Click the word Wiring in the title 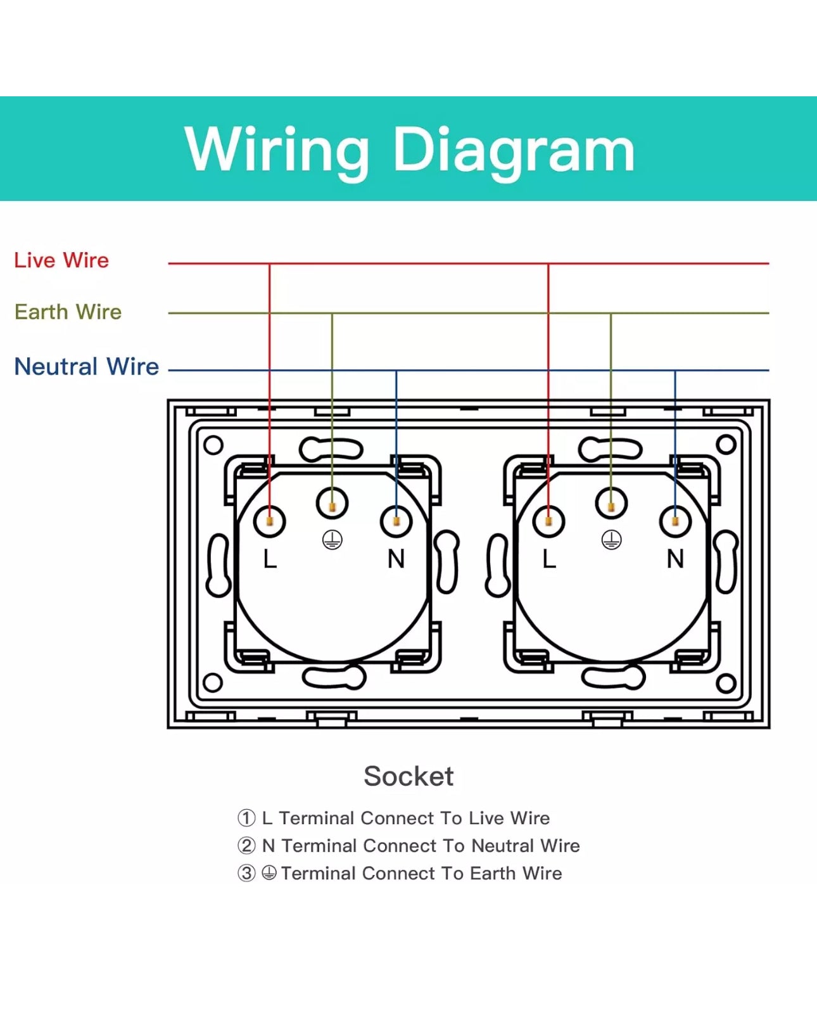pos(277,150)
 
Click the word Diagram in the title pos(514,150)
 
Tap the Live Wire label pos(61,260)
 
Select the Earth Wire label pos(68,312)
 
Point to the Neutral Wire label pos(86,367)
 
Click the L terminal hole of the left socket pos(270,521)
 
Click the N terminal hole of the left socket pos(396,521)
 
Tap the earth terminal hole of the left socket pos(332,504)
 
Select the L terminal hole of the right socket pos(548,521)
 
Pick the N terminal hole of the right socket pos(675,521)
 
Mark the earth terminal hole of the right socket pos(611,504)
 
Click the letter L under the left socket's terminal pos(270,559)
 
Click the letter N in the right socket pos(675,559)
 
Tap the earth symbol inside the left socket pos(332,540)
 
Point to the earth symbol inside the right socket pos(611,540)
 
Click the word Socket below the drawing pos(408,776)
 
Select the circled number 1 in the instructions pos(246,818)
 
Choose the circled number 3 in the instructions pos(246,873)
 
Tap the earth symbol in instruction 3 pos(269,873)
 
